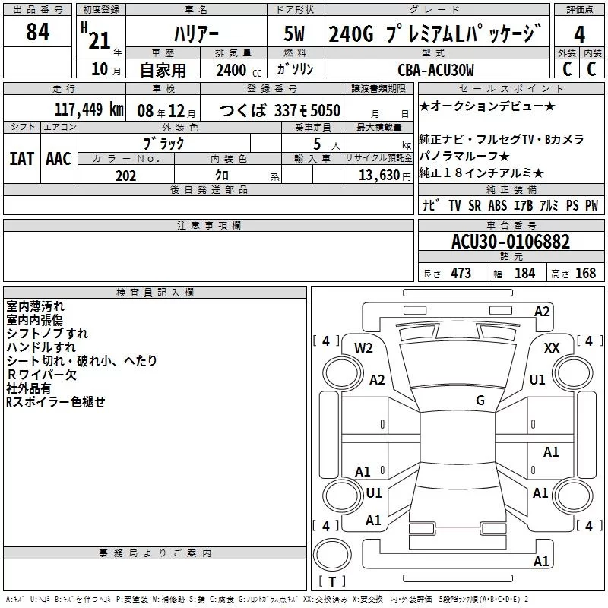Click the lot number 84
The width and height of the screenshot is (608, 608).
38,32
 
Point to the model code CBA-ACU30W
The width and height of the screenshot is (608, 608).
435,70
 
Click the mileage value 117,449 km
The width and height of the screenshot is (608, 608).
89,109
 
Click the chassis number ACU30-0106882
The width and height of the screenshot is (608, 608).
510,242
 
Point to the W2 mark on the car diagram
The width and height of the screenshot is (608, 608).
364,348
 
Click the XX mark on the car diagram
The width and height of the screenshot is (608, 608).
553,348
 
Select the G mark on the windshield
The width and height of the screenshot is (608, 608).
480,401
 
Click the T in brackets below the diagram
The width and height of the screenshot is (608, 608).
331,582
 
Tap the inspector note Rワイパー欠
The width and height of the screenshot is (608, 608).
41,375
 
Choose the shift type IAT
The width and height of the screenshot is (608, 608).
22,158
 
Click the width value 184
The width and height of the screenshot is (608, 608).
525,273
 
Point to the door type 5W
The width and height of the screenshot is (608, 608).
297,34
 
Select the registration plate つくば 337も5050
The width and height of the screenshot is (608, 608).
280,110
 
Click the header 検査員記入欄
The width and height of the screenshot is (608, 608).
155,293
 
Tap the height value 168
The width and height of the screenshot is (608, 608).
585,273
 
